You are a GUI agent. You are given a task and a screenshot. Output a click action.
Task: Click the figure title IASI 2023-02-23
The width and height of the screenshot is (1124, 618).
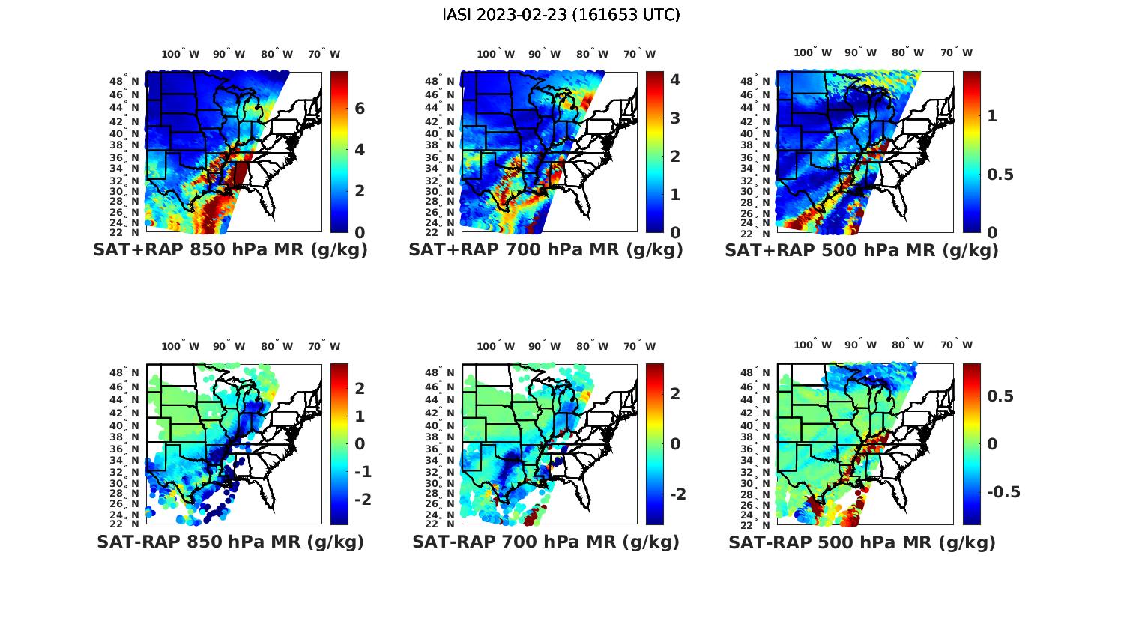(561, 15)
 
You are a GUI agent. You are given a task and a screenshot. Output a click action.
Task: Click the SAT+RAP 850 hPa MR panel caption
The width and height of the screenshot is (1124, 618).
(230, 250)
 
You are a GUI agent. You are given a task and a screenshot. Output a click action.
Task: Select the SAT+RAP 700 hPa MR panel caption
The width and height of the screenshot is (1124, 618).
(546, 250)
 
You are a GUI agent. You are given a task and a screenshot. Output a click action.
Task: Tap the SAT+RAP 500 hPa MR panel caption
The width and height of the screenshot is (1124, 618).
(862, 250)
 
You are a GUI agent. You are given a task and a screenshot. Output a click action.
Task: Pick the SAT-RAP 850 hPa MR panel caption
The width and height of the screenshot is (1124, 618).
(230, 542)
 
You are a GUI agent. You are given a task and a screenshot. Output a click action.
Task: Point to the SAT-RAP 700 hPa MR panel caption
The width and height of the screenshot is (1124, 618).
(546, 542)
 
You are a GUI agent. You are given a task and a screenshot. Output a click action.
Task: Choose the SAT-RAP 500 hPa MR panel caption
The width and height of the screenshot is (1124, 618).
(862, 542)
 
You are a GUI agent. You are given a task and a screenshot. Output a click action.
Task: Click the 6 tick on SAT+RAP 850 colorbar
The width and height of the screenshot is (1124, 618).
(360, 109)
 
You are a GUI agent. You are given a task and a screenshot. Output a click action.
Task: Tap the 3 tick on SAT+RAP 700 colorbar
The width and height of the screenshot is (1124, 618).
(675, 118)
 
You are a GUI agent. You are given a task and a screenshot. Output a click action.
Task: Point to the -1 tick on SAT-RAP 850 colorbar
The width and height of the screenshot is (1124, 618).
(363, 472)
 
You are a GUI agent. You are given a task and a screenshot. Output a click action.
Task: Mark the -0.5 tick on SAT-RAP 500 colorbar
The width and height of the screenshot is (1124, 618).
(1003, 492)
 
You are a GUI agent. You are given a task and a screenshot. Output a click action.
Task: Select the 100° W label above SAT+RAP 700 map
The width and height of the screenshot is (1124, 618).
(495, 54)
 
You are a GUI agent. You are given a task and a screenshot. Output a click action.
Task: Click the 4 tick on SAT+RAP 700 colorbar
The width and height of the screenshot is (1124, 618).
(675, 79)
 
